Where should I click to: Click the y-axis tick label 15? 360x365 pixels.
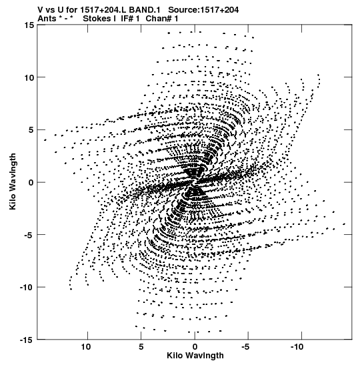pyautogui.click(x=29, y=25)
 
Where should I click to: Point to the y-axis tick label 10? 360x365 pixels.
pyautogui.click(x=29, y=77)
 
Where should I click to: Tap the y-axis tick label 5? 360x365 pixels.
pyautogui.click(x=31, y=130)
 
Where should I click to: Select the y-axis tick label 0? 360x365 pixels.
pyautogui.click(x=31, y=183)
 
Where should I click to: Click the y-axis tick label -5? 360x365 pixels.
pyautogui.click(x=29, y=235)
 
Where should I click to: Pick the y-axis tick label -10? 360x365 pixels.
pyautogui.click(x=27, y=288)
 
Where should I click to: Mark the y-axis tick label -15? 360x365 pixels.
pyautogui.click(x=27, y=340)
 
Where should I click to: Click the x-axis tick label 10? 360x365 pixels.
pyautogui.click(x=86, y=347)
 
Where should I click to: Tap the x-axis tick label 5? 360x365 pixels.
pyautogui.click(x=141, y=347)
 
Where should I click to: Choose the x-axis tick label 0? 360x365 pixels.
pyautogui.click(x=195, y=347)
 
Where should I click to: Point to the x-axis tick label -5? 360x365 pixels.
pyautogui.click(x=245, y=347)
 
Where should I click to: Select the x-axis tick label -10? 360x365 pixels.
pyautogui.click(x=297, y=347)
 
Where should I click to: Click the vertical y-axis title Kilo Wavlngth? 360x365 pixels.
pyautogui.click(x=13, y=181)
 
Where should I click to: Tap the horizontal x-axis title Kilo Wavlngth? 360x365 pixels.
pyautogui.click(x=195, y=356)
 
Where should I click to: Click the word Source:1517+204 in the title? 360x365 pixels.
pyautogui.click(x=203, y=10)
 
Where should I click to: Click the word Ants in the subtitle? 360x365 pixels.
pyautogui.click(x=47, y=19)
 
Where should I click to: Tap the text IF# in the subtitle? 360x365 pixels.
pyautogui.click(x=127, y=19)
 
